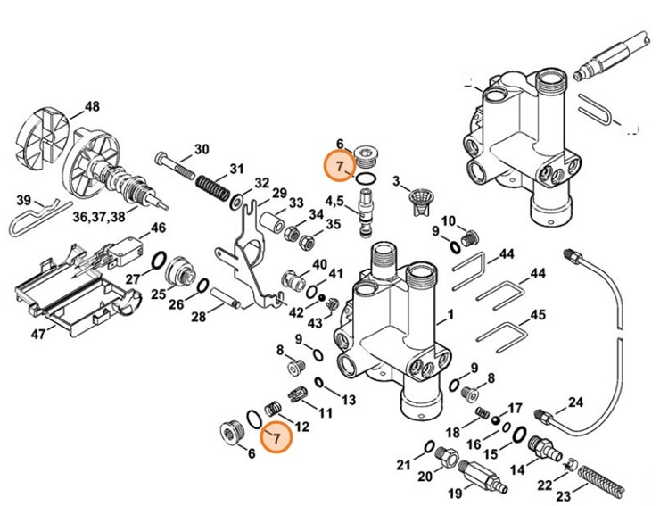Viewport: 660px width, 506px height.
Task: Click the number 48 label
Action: coord(92,107)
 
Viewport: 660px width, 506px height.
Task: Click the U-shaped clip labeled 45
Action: coord(503,334)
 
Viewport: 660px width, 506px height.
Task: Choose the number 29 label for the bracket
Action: coord(279,194)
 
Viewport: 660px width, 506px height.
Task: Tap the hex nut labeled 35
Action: coord(307,241)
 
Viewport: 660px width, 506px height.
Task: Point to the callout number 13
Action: coord(348,398)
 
